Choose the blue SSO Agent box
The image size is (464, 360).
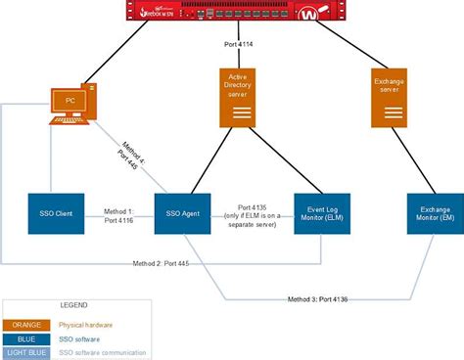tap(184, 213)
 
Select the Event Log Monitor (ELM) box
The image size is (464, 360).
tap(322, 213)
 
